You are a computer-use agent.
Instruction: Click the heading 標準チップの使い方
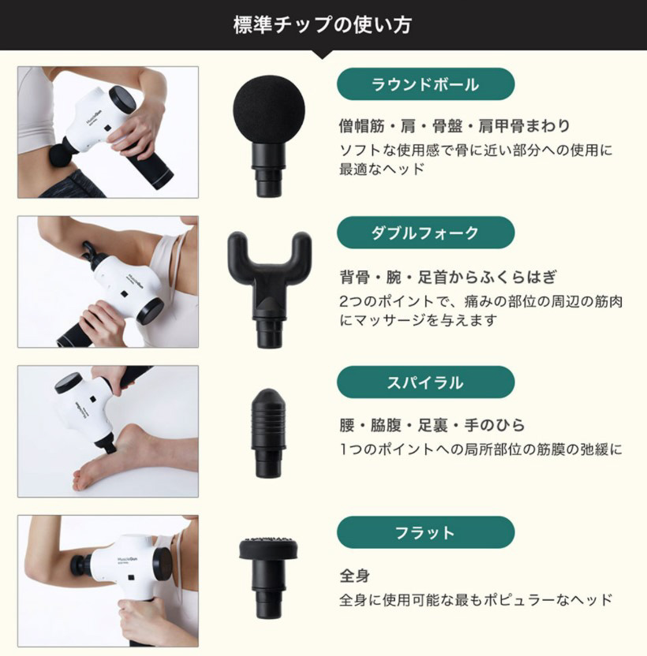(x=323, y=24)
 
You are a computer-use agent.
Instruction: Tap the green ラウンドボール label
(x=425, y=84)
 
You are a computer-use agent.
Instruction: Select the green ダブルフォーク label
(x=425, y=233)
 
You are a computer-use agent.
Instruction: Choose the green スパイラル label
(x=425, y=382)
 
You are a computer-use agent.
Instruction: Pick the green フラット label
(x=425, y=532)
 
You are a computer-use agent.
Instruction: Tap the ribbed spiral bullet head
(x=269, y=414)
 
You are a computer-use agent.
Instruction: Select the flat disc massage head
(x=269, y=549)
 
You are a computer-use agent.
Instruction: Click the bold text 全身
(x=354, y=576)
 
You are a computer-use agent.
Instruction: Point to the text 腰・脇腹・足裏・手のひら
(x=432, y=426)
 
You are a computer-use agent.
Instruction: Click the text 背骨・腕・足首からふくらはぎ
(x=448, y=277)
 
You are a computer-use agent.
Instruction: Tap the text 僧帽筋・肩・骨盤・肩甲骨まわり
(x=454, y=126)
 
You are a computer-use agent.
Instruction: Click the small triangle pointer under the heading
(x=323, y=54)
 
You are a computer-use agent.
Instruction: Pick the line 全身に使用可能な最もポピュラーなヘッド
(x=476, y=599)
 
